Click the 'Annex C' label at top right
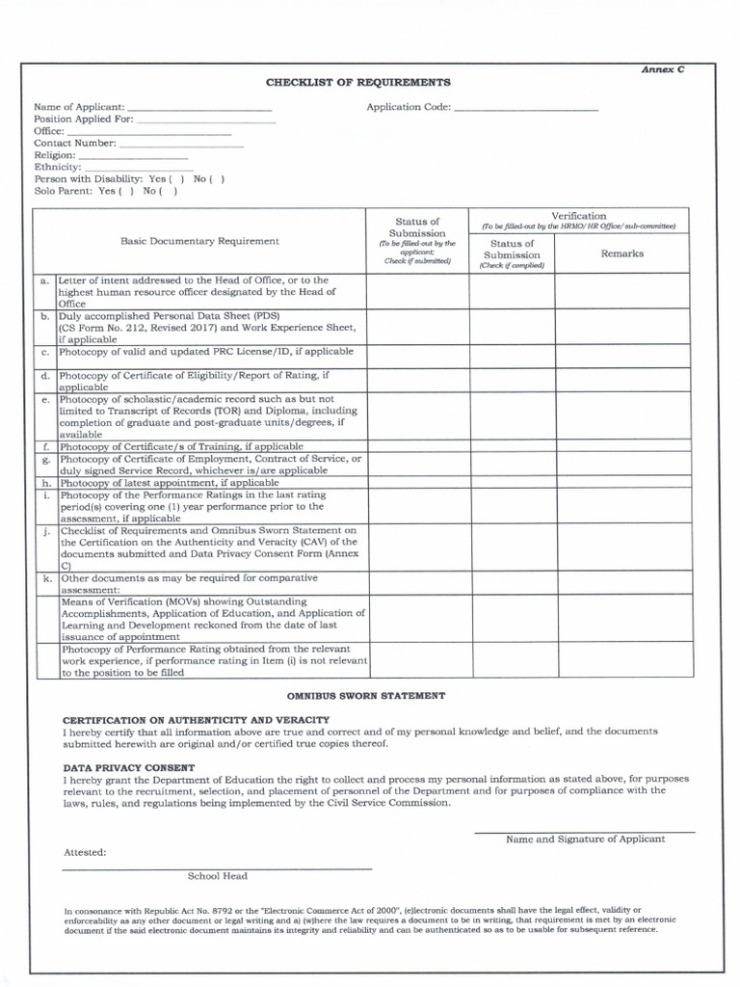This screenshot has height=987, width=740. click(665, 71)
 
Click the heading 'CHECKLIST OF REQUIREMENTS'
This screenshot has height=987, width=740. click(358, 83)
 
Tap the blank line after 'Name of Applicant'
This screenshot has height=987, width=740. click(200, 109)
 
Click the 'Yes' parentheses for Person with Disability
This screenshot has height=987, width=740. click(176, 179)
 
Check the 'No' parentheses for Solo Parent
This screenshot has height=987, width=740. click(168, 191)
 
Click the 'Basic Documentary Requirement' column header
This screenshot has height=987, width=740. click(199, 241)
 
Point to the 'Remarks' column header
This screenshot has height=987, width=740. click(621, 253)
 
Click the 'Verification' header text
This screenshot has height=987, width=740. click(578, 216)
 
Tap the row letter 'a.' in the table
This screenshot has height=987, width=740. click(44, 280)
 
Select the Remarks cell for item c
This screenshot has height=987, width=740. click(621, 355)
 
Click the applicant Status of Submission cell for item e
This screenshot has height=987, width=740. click(416, 416)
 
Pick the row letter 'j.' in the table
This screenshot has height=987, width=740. click(45, 531)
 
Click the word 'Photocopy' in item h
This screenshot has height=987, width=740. click(84, 483)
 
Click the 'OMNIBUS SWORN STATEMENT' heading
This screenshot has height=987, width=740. click(365, 695)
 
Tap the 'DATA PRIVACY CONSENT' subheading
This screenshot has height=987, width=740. click(128, 767)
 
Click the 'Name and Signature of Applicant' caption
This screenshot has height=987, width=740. click(585, 839)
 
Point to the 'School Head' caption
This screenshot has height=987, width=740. click(217, 876)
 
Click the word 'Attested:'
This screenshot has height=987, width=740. click(85, 852)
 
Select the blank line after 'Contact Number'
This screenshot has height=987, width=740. click(181, 144)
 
